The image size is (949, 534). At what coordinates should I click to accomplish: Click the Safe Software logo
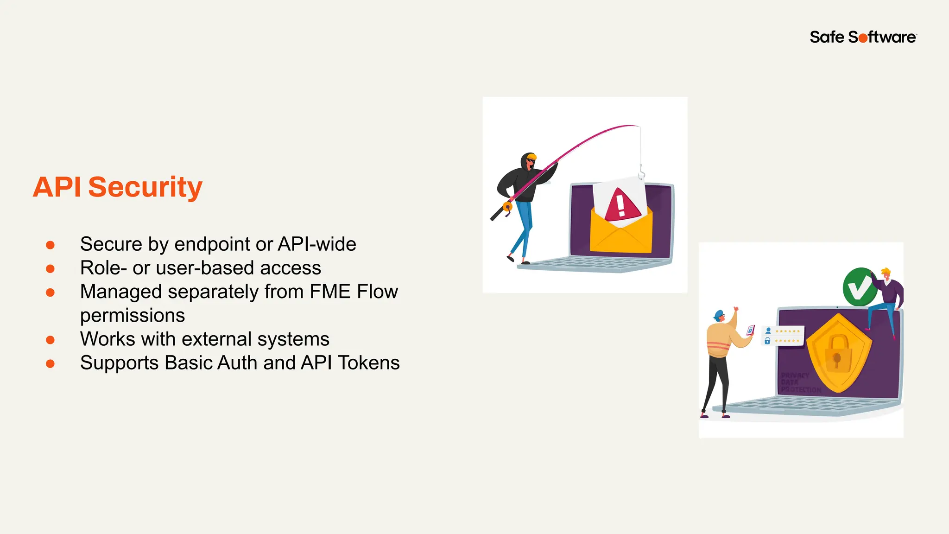tap(863, 37)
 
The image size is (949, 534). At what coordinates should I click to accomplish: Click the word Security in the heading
tap(145, 187)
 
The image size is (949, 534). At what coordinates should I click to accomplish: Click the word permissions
tap(133, 316)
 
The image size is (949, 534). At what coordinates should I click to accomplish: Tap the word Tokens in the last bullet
tap(369, 363)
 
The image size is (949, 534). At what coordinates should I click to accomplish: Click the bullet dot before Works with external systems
tap(51, 340)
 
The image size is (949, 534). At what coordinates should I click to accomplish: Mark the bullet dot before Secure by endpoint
tap(51, 245)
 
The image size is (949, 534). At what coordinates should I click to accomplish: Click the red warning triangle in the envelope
tap(621, 205)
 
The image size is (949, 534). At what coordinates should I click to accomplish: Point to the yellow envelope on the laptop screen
tap(621, 234)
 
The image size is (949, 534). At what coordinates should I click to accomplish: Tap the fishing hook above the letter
tap(641, 174)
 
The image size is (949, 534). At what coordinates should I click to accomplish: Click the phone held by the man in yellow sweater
tap(750, 330)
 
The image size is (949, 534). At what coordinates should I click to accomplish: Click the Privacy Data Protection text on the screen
tap(799, 382)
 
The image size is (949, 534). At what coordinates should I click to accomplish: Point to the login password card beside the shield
tap(783, 336)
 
